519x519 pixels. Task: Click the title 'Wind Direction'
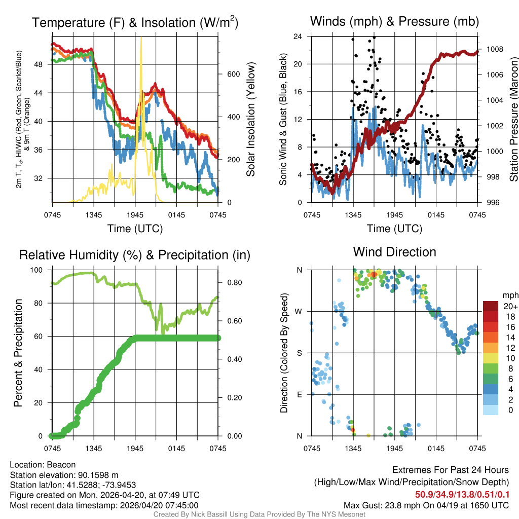click(x=394, y=252)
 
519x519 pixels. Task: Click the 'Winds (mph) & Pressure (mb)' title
click(x=394, y=22)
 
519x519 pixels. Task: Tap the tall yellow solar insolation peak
click(x=141, y=41)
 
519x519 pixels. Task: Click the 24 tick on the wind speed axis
click(x=298, y=36)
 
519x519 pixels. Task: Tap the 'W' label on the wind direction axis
click(x=299, y=312)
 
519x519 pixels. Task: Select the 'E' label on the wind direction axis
click(x=300, y=394)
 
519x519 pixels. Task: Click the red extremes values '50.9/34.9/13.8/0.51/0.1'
click(x=462, y=494)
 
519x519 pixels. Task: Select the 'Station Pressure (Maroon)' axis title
click(x=512, y=120)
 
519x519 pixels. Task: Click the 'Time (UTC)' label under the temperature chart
click(x=135, y=229)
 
